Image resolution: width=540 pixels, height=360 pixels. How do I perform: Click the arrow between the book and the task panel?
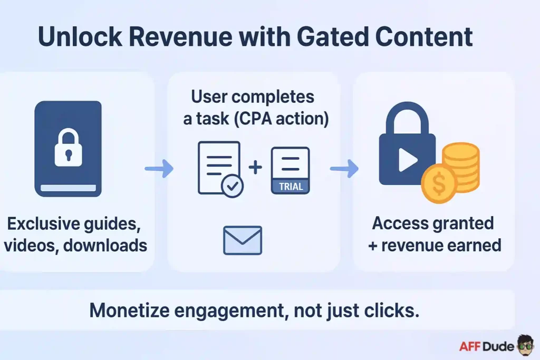(x=159, y=169)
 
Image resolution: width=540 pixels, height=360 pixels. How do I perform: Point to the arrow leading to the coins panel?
(x=344, y=169)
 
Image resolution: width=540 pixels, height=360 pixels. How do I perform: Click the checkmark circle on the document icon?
(x=233, y=186)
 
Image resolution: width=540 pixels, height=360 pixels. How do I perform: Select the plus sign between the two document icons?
(x=255, y=168)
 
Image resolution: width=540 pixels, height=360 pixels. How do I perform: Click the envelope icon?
(x=243, y=240)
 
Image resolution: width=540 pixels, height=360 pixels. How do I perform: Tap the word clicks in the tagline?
(x=392, y=310)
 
